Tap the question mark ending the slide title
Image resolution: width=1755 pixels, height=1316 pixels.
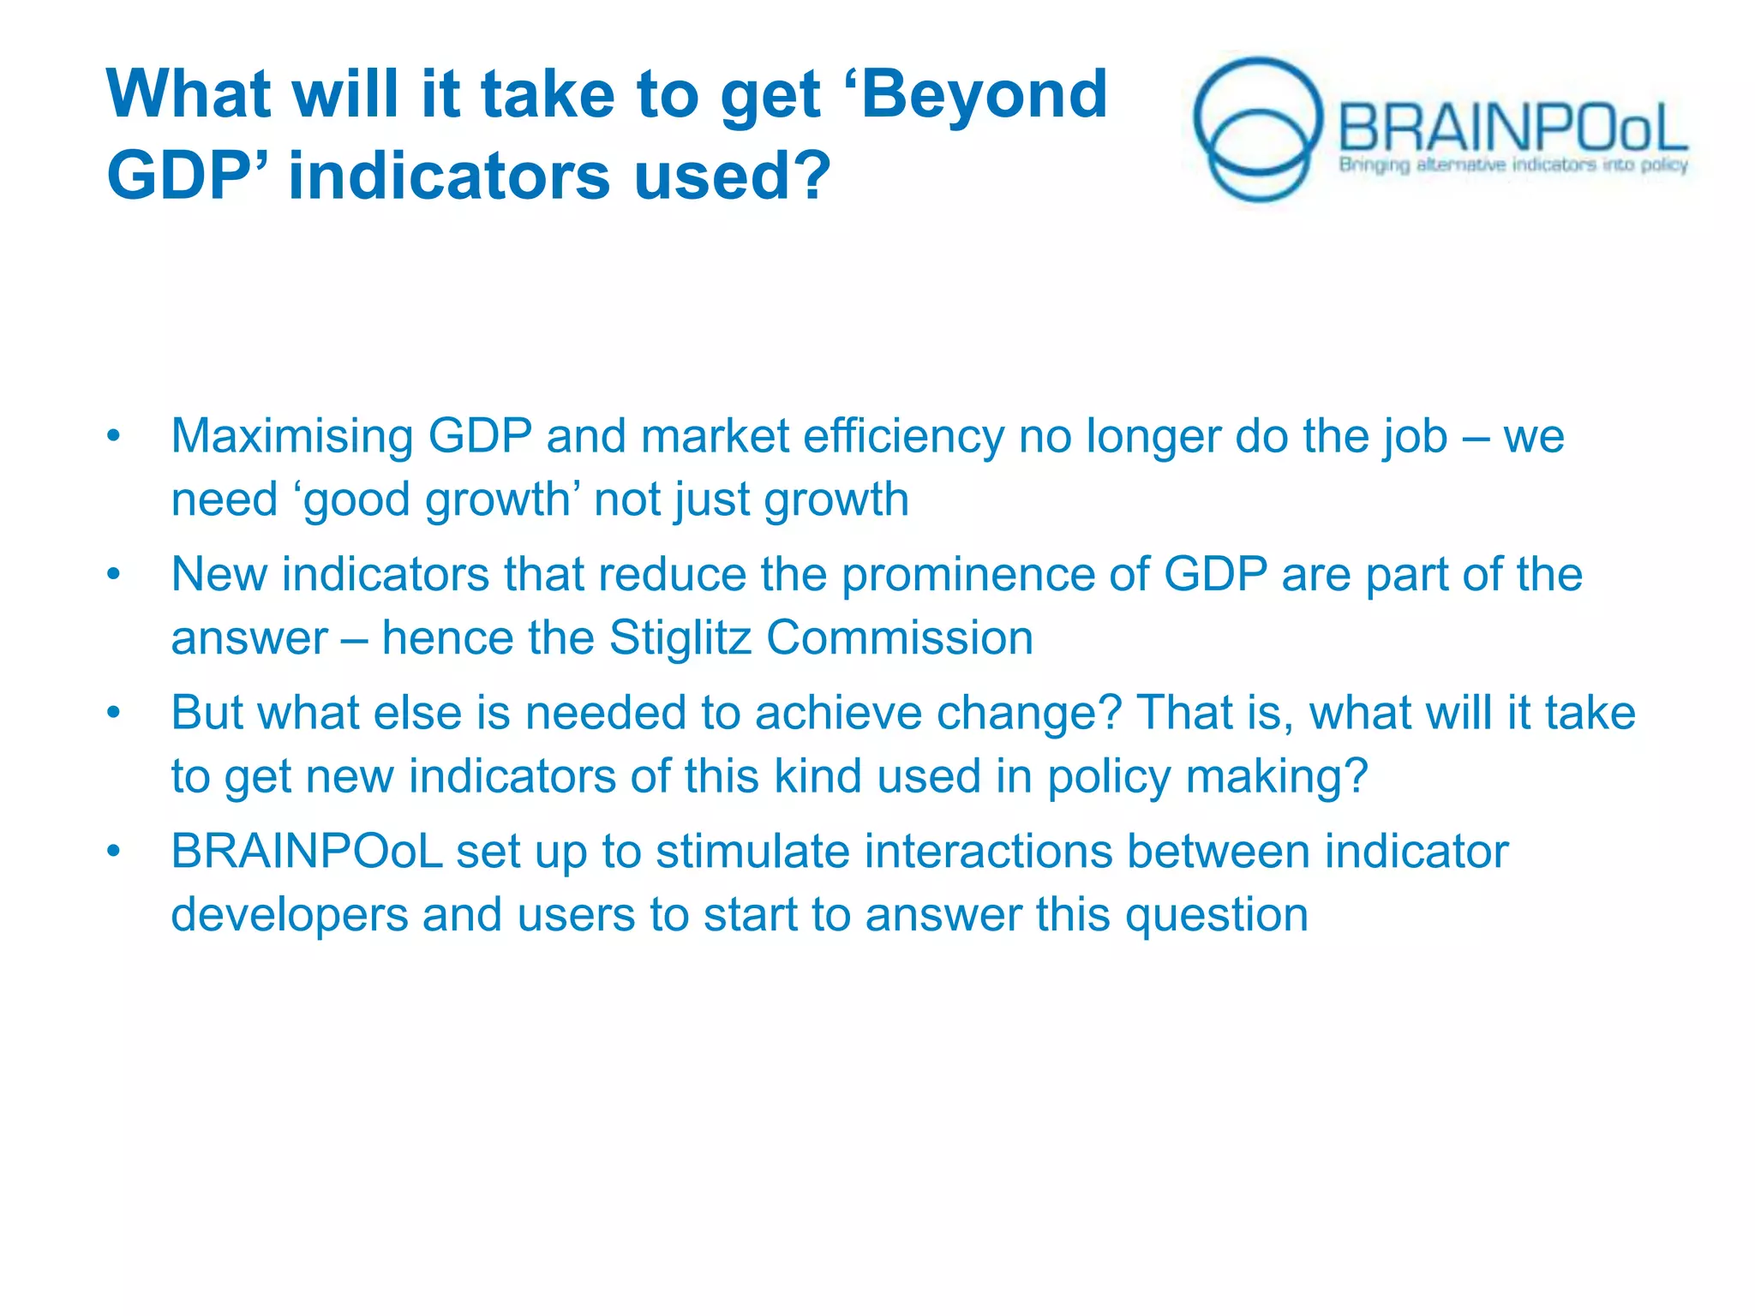pyautogui.click(x=811, y=175)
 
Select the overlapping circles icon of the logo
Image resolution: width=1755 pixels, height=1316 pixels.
pyautogui.click(x=1257, y=129)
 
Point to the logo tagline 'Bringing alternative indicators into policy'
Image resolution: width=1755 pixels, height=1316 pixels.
pyautogui.click(x=1512, y=164)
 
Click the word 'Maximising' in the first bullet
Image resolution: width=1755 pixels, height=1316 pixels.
pyautogui.click(x=292, y=436)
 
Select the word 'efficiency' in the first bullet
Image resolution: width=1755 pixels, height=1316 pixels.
pyautogui.click(x=903, y=436)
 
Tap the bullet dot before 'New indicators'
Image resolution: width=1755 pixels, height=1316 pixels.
pyautogui.click(x=113, y=575)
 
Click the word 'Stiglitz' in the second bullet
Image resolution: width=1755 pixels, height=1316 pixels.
pyautogui.click(x=680, y=638)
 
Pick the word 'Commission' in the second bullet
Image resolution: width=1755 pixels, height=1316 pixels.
pyautogui.click(x=900, y=638)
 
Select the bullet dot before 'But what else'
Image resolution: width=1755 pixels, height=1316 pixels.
pyautogui.click(x=113, y=714)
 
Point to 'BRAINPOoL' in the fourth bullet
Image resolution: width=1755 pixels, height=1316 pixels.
pyautogui.click(x=307, y=852)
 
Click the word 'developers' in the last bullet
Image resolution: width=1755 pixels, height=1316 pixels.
pyautogui.click(x=290, y=915)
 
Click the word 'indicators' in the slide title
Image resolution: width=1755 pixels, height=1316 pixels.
pyautogui.click(x=449, y=175)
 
